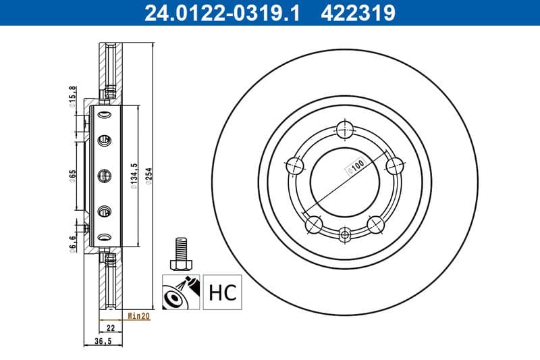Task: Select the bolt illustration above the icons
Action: coord(180,253)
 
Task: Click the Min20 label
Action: coord(138,315)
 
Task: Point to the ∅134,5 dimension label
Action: coord(135,177)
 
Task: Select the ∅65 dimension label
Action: coord(72,177)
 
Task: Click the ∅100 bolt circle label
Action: coord(356,167)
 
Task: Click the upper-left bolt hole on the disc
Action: coord(294,164)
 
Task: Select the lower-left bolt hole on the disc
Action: coord(313,224)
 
